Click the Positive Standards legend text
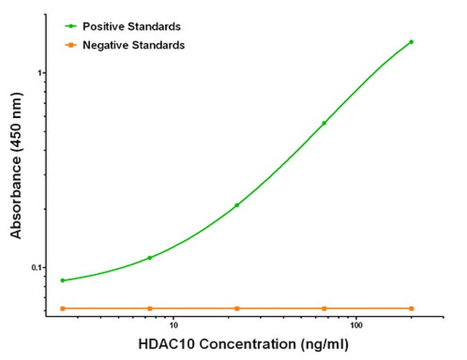(x=131, y=27)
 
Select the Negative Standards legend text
(x=134, y=45)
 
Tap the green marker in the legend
(x=70, y=27)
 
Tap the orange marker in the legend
(x=70, y=45)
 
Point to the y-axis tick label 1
(x=41, y=73)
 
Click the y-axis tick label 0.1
(x=37, y=267)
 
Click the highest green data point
(x=411, y=42)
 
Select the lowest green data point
(x=63, y=280)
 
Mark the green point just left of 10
(x=149, y=257)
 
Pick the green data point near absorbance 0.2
(x=236, y=205)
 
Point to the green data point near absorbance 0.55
(x=324, y=123)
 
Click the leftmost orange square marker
(x=63, y=308)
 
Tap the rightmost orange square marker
(x=411, y=308)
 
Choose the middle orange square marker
(x=236, y=308)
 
